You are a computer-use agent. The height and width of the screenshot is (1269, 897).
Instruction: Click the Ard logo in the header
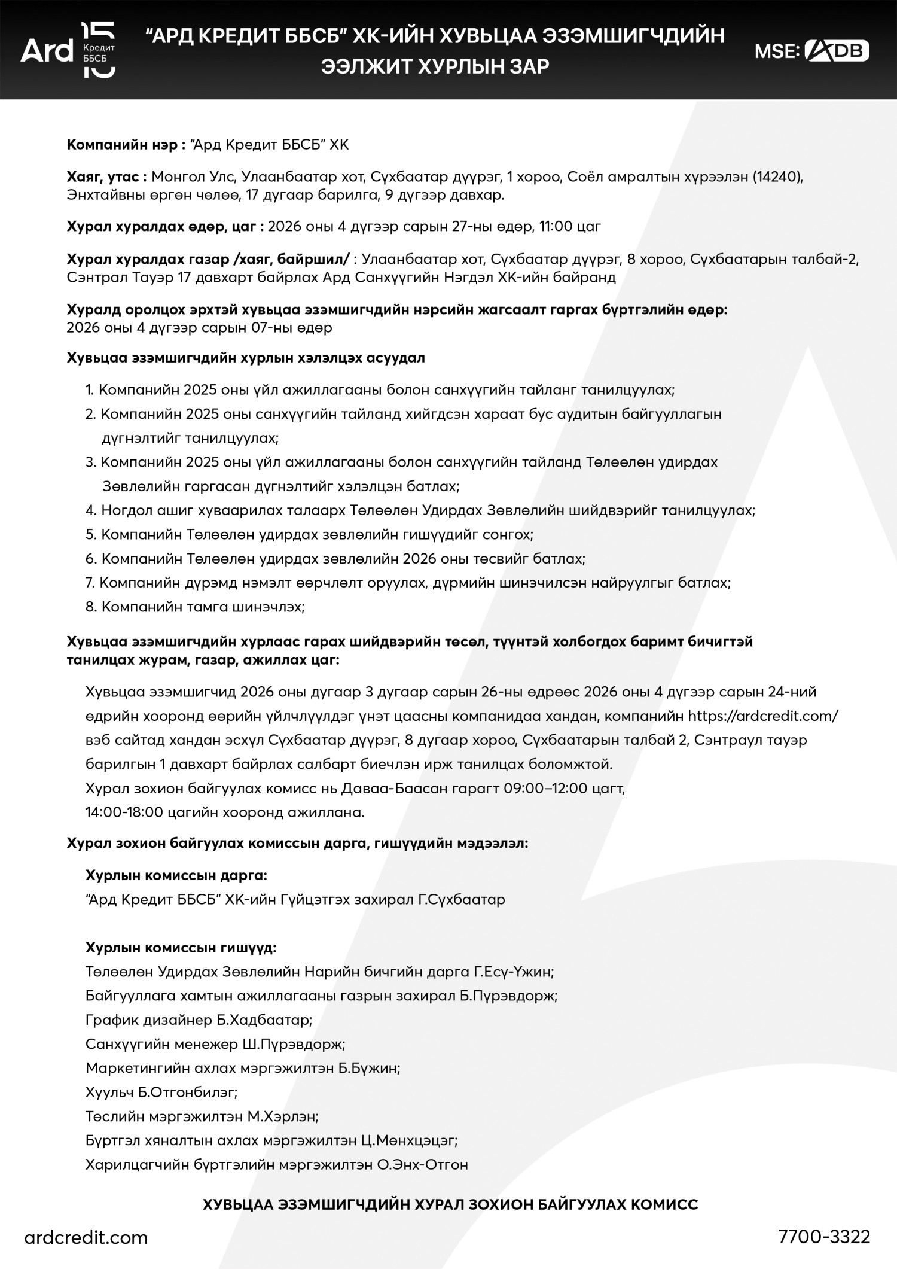[68, 50]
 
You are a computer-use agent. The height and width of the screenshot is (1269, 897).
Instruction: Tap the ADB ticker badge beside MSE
[837, 51]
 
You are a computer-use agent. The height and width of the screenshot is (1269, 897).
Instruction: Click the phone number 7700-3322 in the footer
[824, 1236]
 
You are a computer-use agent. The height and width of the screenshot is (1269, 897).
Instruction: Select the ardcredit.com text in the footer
[86, 1237]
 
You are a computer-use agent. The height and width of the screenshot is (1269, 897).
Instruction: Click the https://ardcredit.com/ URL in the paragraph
[762, 716]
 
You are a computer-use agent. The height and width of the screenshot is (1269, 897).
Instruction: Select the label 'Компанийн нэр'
[121, 145]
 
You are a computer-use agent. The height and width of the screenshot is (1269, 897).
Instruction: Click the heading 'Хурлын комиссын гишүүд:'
[181, 948]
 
